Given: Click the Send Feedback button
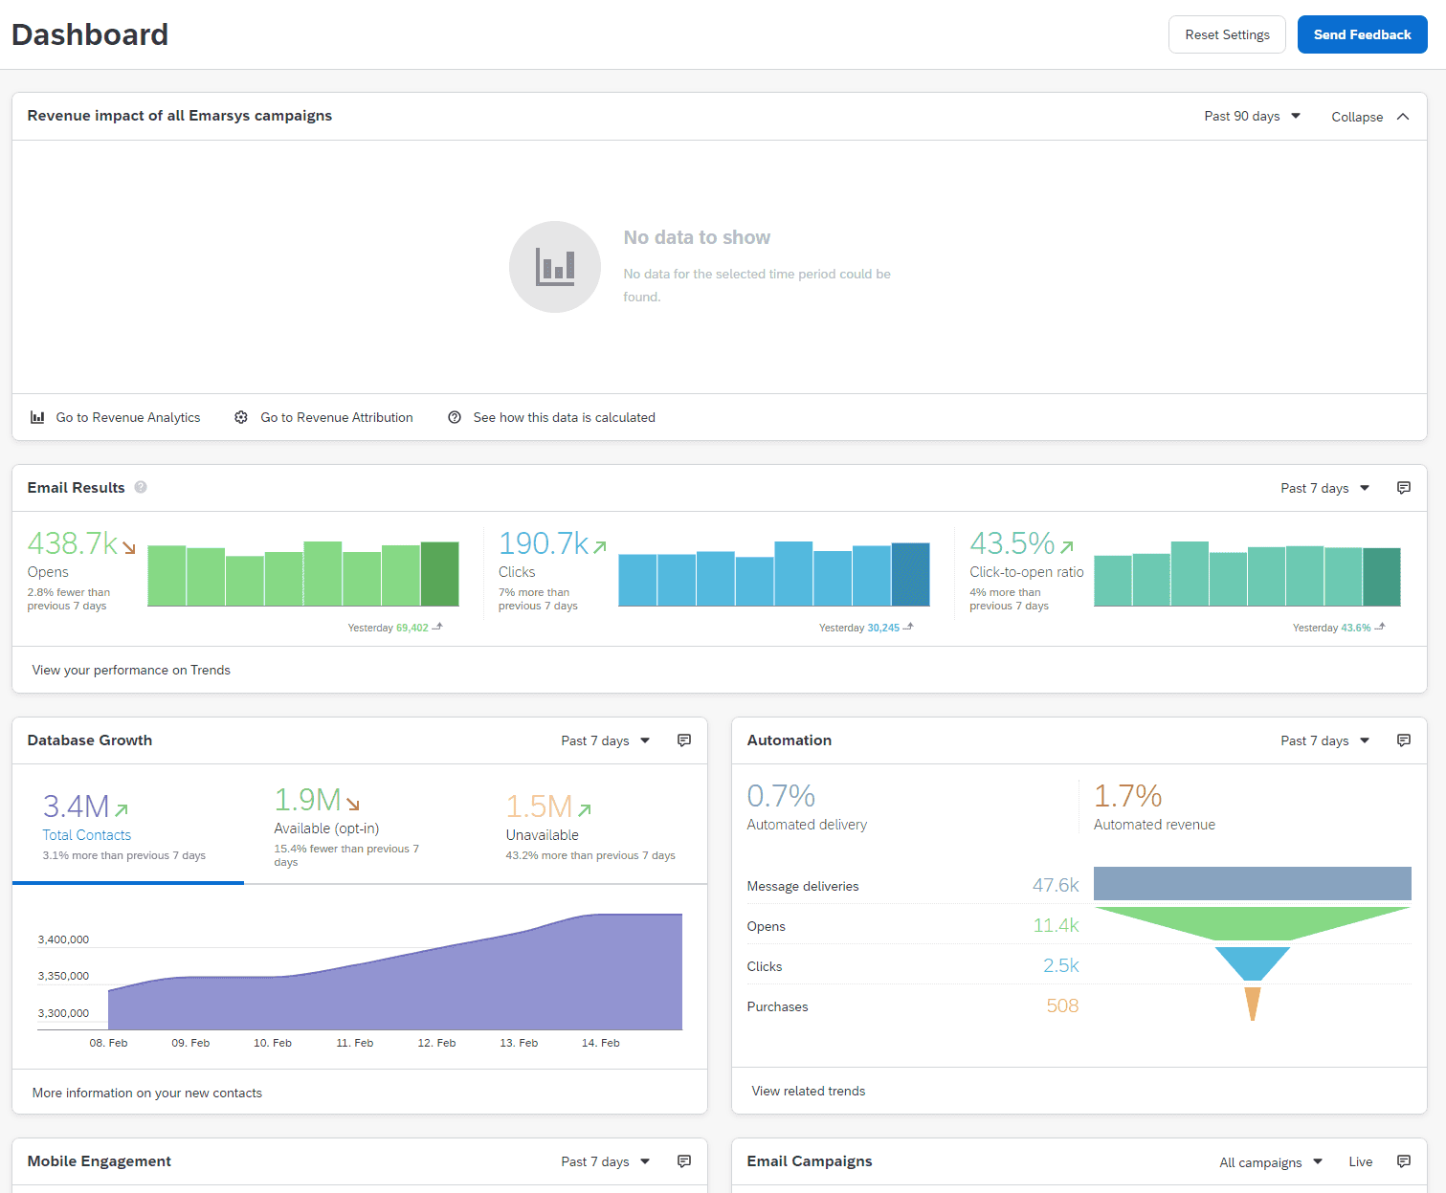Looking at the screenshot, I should [x=1362, y=34].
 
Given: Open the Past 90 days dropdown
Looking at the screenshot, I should [x=1252, y=116].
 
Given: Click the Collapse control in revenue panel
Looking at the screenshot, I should [x=1369, y=117].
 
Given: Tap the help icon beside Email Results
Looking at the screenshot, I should [x=141, y=487].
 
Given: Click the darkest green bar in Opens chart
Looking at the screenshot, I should [x=439, y=574].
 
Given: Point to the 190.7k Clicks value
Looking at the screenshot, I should [x=544, y=543].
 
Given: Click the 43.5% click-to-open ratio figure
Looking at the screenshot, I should [x=1012, y=543].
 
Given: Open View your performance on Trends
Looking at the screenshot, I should [x=131, y=670].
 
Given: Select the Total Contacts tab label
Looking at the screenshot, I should [x=86, y=835].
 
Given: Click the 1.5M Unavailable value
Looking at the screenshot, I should [x=539, y=806].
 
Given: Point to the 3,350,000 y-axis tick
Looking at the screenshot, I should [x=63, y=976].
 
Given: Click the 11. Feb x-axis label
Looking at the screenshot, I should [x=355, y=1043].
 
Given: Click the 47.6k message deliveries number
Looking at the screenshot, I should [x=1055, y=886].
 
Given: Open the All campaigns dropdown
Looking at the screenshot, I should [x=1270, y=1162].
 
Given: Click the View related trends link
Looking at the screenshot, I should [x=809, y=1091].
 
